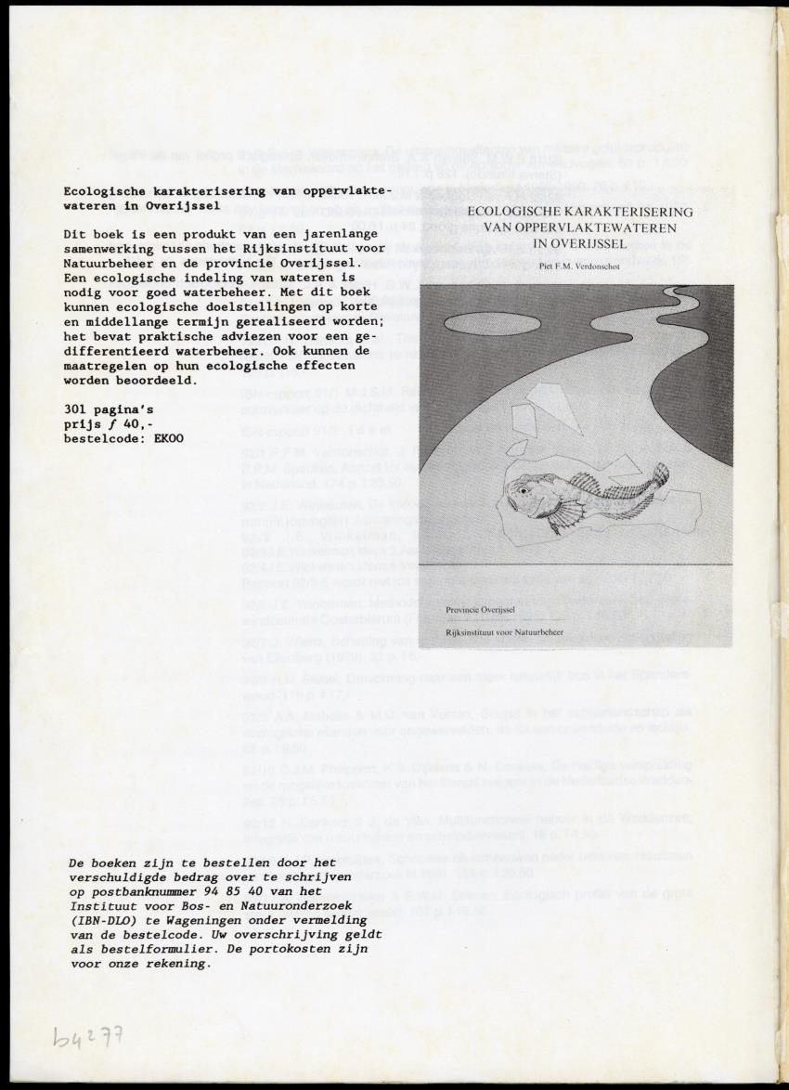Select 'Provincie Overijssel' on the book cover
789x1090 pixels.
point(480,610)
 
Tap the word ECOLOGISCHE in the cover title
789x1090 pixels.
point(515,213)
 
